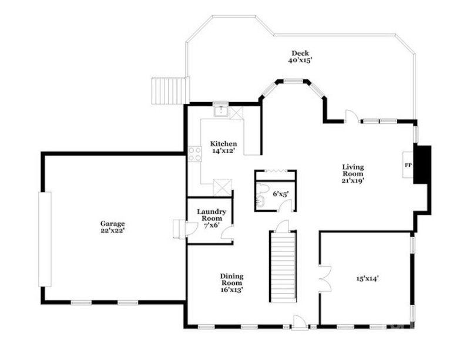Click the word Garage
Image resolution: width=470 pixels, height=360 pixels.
click(x=112, y=223)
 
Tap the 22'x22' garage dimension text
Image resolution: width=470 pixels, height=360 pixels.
click(x=112, y=231)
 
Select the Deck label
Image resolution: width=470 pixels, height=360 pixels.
click(x=300, y=53)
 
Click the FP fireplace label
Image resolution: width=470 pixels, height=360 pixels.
click(x=408, y=165)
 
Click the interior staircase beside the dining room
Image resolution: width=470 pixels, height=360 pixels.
click(x=283, y=266)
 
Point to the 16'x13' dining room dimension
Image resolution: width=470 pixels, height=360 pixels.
click(x=231, y=290)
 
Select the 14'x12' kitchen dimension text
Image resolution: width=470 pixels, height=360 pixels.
click(x=223, y=151)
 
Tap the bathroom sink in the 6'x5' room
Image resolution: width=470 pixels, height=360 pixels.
click(x=262, y=203)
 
